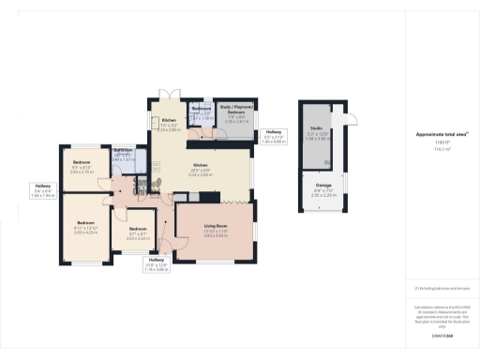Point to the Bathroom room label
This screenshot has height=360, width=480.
[125, 152]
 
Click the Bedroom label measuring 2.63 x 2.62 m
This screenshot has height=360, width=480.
[138, 232]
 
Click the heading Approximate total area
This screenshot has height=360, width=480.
[436, 135]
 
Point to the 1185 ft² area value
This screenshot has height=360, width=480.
[436, 142]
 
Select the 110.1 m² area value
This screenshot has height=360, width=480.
[436, 148]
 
